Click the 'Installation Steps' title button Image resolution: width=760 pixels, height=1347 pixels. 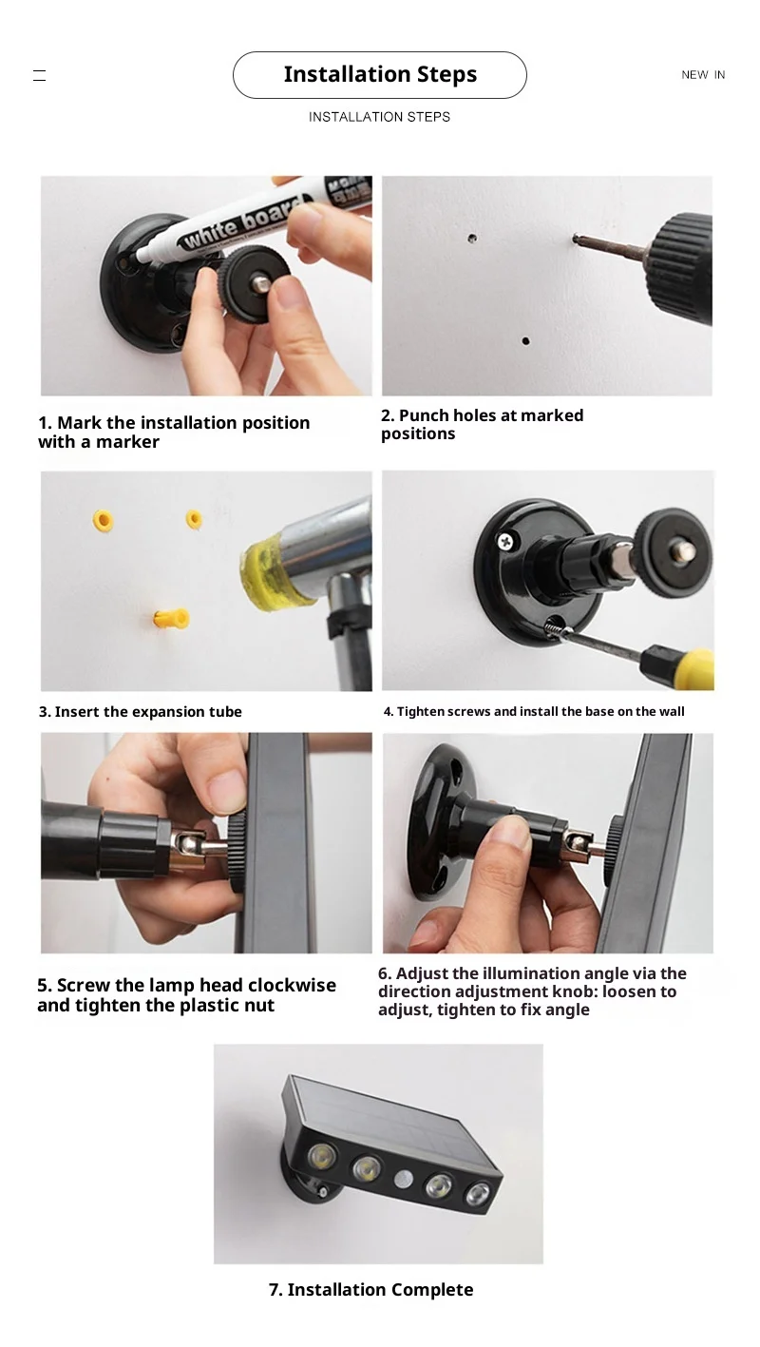pyautogui.click(x=380, y=74)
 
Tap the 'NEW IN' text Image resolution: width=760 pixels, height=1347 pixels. pyautogui.click(x=703, y=74)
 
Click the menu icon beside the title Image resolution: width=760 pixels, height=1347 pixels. pyautogui.click(x=40, y=75)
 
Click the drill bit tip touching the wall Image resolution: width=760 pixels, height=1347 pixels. pyautogui.click(x=576, y=239)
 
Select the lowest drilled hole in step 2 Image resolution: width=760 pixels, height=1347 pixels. pyautogui.click(x=525, y=341)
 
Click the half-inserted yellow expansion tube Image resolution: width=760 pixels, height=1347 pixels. pyautogui.click(x=172, y=618)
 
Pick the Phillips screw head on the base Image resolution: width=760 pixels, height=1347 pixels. pyautogui.click(x=506, y=541)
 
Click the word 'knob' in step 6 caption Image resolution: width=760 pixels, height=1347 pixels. pyautogui.click(x=576, y=991)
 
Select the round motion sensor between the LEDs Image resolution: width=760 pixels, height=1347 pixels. pyautogui.click(x=403, y=1179)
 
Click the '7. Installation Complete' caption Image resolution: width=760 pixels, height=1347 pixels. pyautogui.click(x=370, y=1289)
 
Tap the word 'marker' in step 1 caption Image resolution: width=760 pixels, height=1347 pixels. pyautogui.click(x=127, y=442)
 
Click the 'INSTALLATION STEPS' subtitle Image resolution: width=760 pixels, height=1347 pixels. pyautogui.click(x=379, y=117)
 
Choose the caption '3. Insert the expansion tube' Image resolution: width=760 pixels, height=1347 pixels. pyautogui.click(x=140, y=711)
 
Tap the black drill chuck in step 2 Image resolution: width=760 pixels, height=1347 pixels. pyautogui.click(x=684, y=269)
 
